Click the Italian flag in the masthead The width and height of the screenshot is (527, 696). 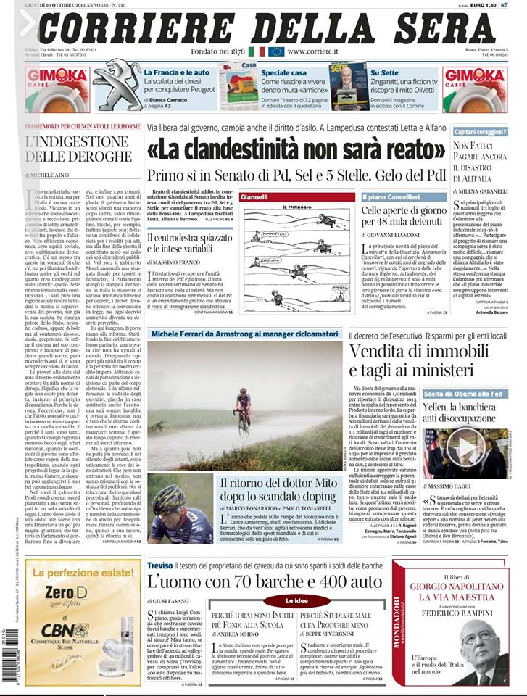pyautogui.click(x=257, y=51)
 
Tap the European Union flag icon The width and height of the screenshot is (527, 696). pyautogui.click(x=276, y=51)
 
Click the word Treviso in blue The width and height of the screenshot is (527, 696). pyautogui.click(x=161, y=566)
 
